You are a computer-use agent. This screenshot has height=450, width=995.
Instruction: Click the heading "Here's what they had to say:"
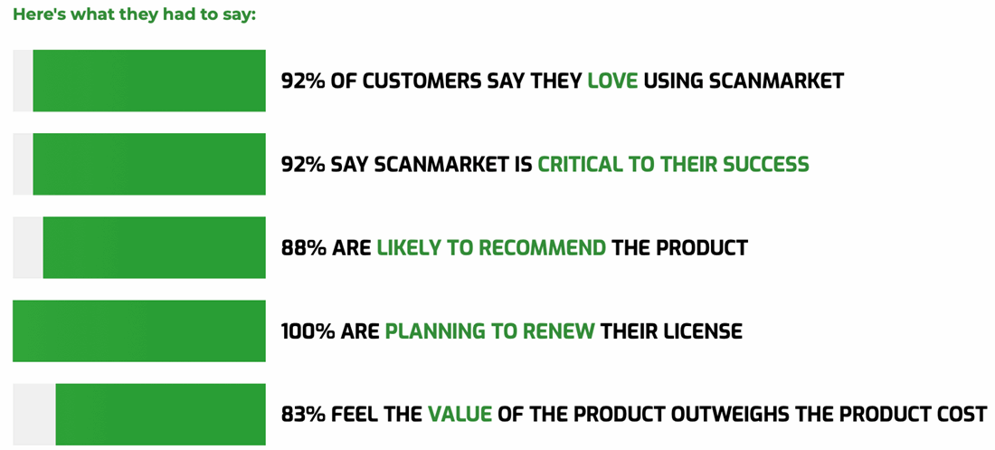134,14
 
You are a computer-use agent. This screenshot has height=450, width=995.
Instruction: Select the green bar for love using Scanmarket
149,81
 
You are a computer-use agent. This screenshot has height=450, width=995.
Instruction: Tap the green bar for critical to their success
149,164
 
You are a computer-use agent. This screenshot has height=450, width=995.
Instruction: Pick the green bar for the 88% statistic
154,247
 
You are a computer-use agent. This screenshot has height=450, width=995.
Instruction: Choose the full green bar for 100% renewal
139,331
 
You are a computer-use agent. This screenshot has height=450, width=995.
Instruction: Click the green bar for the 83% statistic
160,415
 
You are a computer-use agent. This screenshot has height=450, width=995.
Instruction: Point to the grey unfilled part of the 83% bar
34,415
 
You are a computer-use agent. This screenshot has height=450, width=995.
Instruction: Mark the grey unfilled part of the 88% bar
28,247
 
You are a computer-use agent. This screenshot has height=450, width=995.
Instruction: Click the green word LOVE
612,81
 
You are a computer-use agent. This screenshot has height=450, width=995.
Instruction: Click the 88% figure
303,248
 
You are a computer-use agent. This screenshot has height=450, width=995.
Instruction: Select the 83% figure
303,415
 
